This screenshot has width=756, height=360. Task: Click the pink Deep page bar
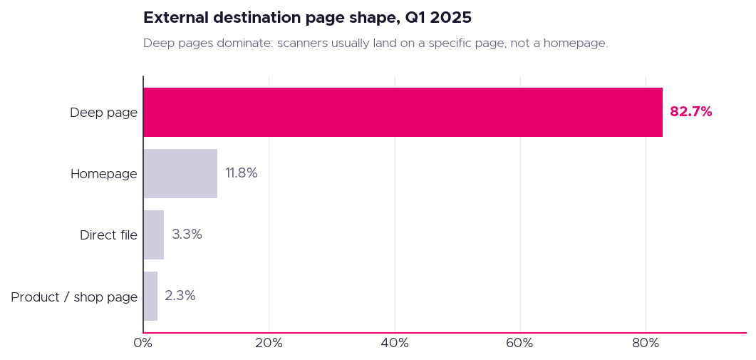(403, 113)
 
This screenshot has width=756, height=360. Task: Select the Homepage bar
(180, 174)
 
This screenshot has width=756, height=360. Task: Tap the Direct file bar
(154, 235)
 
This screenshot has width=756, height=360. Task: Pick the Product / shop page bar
(150, 297)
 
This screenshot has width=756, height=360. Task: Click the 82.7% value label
(691, 112)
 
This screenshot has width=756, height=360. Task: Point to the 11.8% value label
(242, 173)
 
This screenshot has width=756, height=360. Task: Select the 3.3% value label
(187, 235)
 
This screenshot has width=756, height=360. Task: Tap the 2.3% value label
(180, 296)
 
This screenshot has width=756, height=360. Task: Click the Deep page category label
(103, 113)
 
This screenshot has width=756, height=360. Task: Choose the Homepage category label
(104, 174)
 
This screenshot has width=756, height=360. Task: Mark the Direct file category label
(109, 235)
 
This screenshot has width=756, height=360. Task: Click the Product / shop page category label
(74, 297)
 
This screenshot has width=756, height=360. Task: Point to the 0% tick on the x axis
(143, 344)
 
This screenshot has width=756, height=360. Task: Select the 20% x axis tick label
(269, 344)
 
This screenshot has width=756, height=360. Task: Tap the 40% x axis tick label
(395, 344)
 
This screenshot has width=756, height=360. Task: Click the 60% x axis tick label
(520, 344)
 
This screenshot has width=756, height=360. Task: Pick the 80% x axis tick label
(646, 344)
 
